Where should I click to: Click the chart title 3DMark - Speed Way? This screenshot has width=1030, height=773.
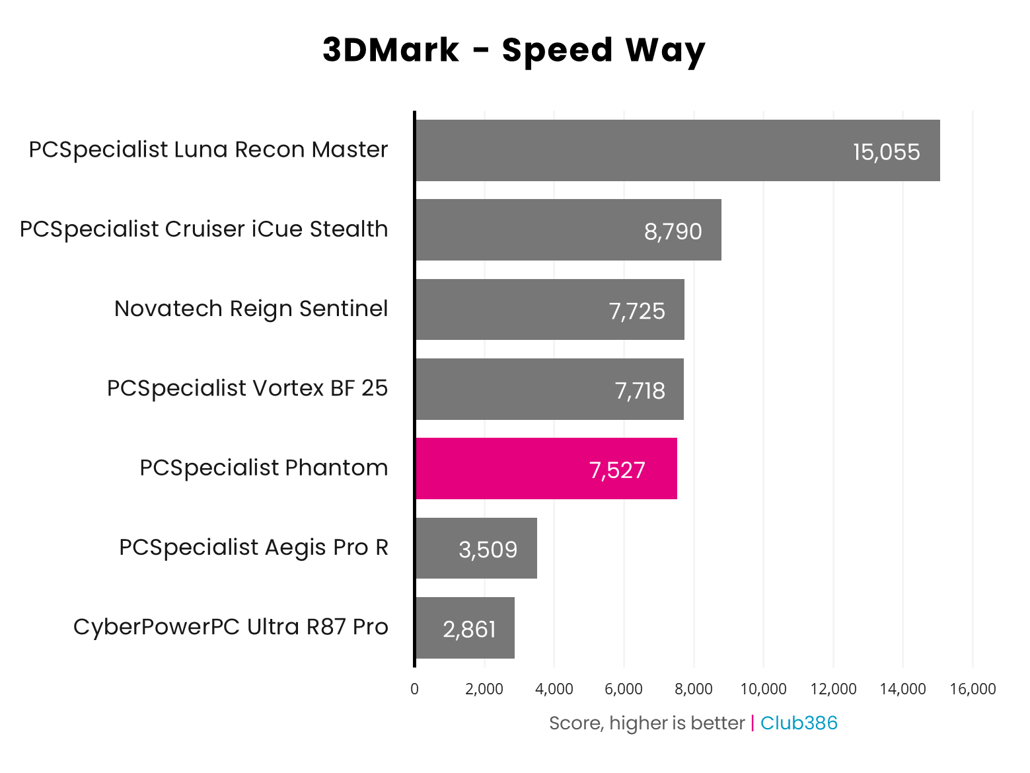pyautogui.click(x=514, y=50)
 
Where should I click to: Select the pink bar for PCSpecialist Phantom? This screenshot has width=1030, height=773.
pyautogui.click(x=546, y=468)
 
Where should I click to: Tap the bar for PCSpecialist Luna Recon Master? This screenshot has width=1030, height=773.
pyautogui.click(x=677, y=150)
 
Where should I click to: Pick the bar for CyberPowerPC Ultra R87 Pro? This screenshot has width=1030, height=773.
pyautogui.click(x=464, y=628)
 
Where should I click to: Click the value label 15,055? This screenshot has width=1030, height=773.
pyautogui.click(x=886, y=152)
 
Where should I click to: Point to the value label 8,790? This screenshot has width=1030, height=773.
pyautogui.click(x=673, y=231)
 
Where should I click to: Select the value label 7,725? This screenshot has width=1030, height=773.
pyautogui.click(x=637, y=311)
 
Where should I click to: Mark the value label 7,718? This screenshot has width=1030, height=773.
pyautogui.click(x=640, y=391)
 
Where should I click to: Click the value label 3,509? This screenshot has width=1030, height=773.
pyautogui.click(x=488, y=549)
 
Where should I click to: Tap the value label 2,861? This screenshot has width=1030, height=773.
pyautogui.click(x=469, y=629)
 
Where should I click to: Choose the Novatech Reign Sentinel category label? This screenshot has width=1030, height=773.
pyautogui.click(x=251, y=309)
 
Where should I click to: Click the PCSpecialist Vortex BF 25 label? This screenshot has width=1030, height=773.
pyautogui.click(x=247, y=388)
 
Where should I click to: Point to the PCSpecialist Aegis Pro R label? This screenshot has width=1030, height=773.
pyautogui.click(x=254, y=548)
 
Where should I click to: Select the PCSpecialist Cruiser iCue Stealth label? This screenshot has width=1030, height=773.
pyautogui.click(x=203, y=229)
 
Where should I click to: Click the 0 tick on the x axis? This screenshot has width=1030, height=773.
pyautogui.click(x=414, y=689)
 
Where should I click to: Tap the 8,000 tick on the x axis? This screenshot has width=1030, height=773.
pyautogui.click(x=694, y=689)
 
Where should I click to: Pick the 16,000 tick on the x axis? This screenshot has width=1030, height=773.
pyautogui.click(x=973, y=689)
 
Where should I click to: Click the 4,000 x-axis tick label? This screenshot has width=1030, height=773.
pyautogui.click(x=554, y=689)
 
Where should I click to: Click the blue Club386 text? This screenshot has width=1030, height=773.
pyautogui.click(x=799, y=723)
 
